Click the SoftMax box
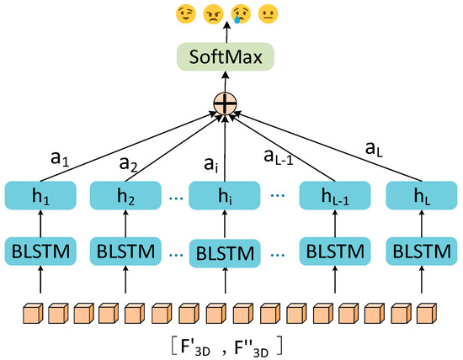(226, 58)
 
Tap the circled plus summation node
(226, 105)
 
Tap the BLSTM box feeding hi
(225, 251)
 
